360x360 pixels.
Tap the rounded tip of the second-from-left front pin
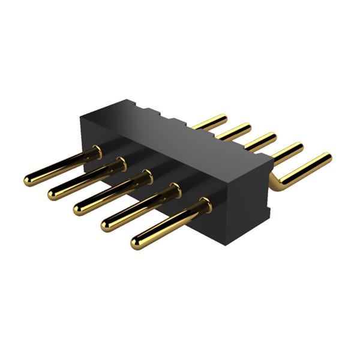click(53, 193)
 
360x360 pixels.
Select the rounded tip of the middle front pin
click(79, 208)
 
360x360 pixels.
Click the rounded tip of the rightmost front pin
click(137, 242)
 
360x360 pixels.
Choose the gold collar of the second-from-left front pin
click(121, 164)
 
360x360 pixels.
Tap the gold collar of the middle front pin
click(146, 177)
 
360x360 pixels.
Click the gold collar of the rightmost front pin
click(205, 206)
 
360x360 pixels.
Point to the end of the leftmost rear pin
click(223, 118)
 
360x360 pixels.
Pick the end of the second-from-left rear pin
click(246, 127)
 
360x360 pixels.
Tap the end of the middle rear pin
click(272, 137)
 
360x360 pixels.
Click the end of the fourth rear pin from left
click(299, 147)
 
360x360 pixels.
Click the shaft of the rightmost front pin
click(168, 225)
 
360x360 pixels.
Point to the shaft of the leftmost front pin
click(60, 166)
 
